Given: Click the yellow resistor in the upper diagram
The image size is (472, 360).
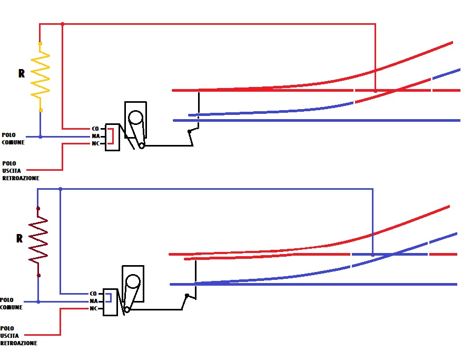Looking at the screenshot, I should coord(41,76).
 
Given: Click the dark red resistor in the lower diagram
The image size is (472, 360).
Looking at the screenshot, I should coord(38,241).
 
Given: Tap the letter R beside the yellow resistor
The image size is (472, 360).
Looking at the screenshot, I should coord(22,74).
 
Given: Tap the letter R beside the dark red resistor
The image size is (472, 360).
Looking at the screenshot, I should coord(19,238).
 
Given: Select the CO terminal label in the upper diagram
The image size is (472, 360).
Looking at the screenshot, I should coord(95,128).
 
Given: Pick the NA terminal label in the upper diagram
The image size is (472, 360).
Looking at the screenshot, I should coord(95,136).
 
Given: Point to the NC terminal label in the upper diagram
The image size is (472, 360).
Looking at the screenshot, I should coord(95,143).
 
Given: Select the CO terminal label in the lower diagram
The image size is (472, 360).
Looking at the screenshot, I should coord(93,293).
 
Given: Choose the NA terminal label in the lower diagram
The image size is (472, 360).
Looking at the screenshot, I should coord(93,301).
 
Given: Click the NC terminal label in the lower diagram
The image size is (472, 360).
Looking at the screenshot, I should coord(93,308).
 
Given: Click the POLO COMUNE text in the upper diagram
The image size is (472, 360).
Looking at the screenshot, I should coord(13,139).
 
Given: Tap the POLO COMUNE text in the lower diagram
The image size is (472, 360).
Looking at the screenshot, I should coord(11,304).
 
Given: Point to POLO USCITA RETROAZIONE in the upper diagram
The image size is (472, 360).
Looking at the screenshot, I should coord(20,171).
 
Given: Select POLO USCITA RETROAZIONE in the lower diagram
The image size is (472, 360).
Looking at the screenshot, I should coord(18,336).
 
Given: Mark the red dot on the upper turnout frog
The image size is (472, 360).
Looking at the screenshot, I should coord(375,91).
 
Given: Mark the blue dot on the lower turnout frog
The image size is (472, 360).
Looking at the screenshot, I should coord(372,255).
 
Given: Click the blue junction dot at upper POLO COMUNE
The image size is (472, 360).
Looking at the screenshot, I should coord(41,137).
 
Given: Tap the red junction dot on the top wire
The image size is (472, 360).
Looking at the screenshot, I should coord(63,24).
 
